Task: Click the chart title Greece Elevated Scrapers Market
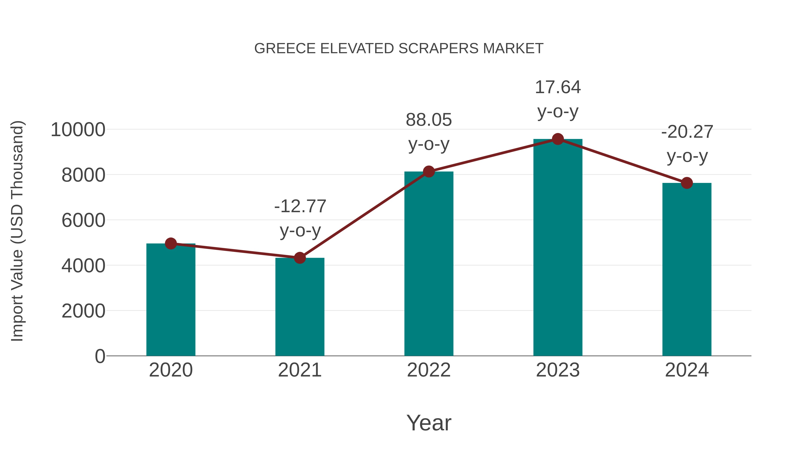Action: (399, 49)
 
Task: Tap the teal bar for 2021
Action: (299, 307)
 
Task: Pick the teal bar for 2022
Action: (429, 263)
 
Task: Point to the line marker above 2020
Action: (171, 243)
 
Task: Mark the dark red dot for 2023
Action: (558, 139)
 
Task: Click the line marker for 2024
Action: (687, 183)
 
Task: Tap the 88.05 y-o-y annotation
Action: (429, 132)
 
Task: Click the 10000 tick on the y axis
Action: (78, 129)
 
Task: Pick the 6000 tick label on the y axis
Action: (83, 220)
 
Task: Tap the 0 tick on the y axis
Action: (100, 356)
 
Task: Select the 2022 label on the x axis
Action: (429, 370)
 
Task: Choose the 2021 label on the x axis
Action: (299, 370)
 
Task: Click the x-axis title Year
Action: (429, 423)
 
